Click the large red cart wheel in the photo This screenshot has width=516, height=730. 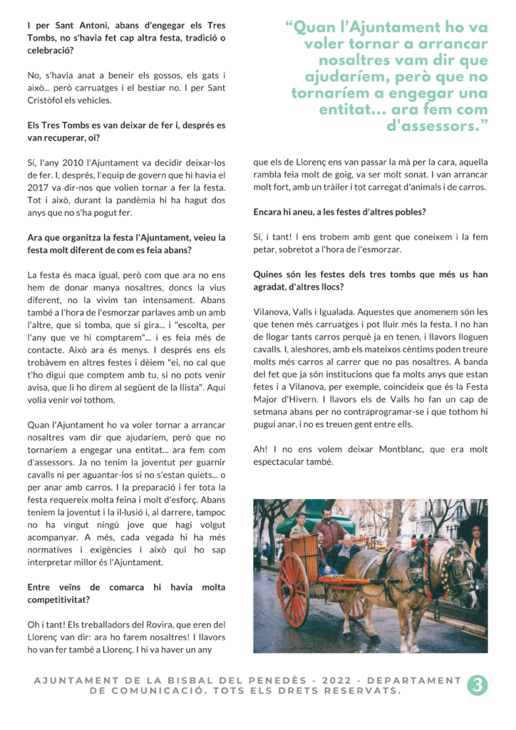click(x=292, y=589)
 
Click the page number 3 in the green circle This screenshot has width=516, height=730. click(x=477, y=685)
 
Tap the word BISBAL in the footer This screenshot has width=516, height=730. click(x=193, y=680)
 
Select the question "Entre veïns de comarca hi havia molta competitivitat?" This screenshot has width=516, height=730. click(x=126, y=593)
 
